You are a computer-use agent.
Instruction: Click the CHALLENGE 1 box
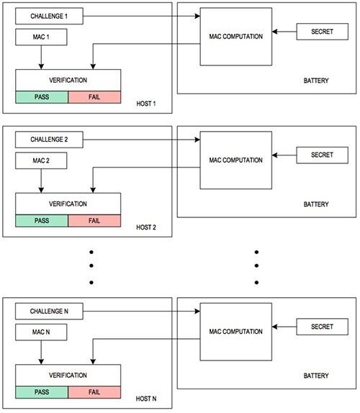click(x=48, y=14)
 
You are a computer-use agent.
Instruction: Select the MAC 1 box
click(x=41, y=35)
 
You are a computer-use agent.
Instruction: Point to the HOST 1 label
click(x=146, y=104)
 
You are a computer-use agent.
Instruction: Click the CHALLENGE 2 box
click(x=48, y=139)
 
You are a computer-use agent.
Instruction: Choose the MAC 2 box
click(x=41, y=160)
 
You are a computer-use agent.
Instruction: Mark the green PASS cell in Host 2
click(x=42, y=221)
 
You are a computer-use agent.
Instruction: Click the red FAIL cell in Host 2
click(x=94, y=221)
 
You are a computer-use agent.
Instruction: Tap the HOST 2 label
click(x=146, y=227)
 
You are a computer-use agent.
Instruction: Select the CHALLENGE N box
click(x=48, y=312)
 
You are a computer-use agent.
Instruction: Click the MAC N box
click(x=41, y=332)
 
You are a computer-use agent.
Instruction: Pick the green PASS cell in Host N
click(x=42, y=393)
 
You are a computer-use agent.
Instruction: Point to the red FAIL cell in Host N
click(x=94, y=393)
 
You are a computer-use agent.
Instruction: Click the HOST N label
click(x=146, y=399)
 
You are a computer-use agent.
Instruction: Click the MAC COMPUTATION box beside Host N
click(x=235, y=332)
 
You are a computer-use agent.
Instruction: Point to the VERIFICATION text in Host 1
click(x=69, y=80)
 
